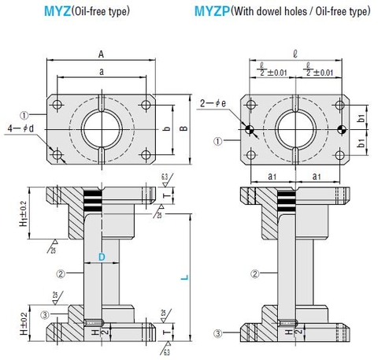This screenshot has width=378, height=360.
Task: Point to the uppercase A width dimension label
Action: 102,54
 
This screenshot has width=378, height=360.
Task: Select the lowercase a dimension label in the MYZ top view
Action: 102,71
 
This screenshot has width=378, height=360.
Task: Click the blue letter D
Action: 102,257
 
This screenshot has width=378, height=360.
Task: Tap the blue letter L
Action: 183,276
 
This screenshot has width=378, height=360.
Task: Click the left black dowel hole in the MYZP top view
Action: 250,130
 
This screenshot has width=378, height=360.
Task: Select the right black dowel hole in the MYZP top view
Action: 340,130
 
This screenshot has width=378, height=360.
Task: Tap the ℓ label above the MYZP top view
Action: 294,54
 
